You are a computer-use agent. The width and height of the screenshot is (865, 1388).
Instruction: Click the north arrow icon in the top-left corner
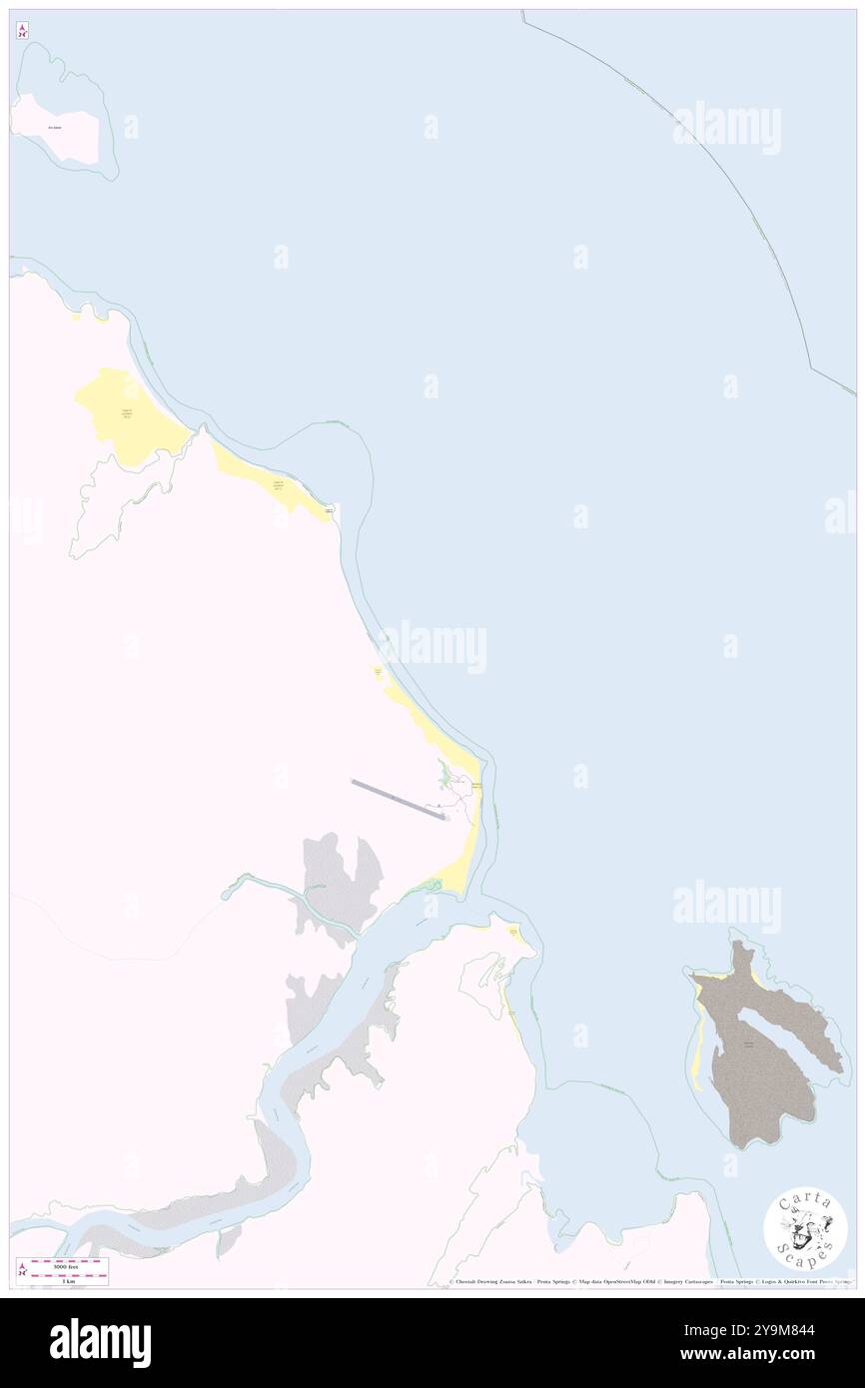(22, 30)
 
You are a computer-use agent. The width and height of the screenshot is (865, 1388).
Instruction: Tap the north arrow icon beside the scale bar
(22, 1270)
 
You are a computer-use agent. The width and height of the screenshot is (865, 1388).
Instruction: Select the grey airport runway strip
(398, 800)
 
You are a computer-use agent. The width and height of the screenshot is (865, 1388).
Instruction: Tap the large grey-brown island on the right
(764, 1058)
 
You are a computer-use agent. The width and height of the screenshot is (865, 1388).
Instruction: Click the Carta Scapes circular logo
(805, 1231)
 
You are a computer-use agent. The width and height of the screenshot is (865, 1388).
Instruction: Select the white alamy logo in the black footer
(100, 1342)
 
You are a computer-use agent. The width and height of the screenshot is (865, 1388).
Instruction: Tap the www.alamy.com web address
(784, 1355)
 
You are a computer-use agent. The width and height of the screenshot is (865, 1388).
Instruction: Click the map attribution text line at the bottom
(649, 1282)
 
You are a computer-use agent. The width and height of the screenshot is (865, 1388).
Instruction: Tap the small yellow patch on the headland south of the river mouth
(515, 934)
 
